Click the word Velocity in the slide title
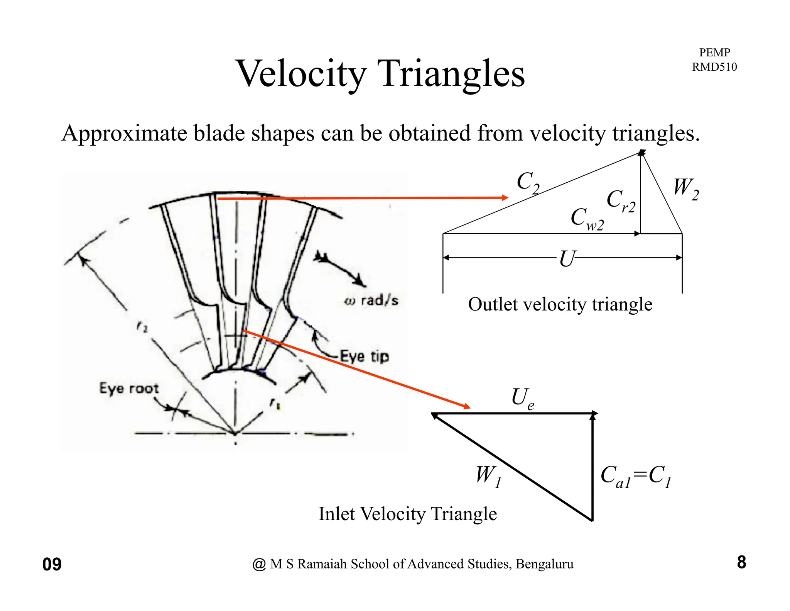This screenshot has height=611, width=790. click(301, 74)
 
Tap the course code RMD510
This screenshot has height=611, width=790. click(714, 67)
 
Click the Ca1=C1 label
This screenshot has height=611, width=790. click(636, 476)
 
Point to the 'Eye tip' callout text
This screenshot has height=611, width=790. click(365, 356)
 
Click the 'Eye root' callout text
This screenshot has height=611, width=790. click(129, 388)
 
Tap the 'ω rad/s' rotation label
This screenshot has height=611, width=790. click(371, 300)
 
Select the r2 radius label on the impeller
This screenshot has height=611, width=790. click(142, 328)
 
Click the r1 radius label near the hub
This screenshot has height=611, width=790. click(275, 404)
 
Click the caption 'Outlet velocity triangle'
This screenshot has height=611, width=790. click(560, 304)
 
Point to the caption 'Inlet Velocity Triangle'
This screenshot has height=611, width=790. click(407, 514)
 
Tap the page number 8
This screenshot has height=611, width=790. click(741, 562)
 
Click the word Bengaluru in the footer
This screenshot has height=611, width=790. click(544, 564)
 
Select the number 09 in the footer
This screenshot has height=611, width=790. click(52, 564)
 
